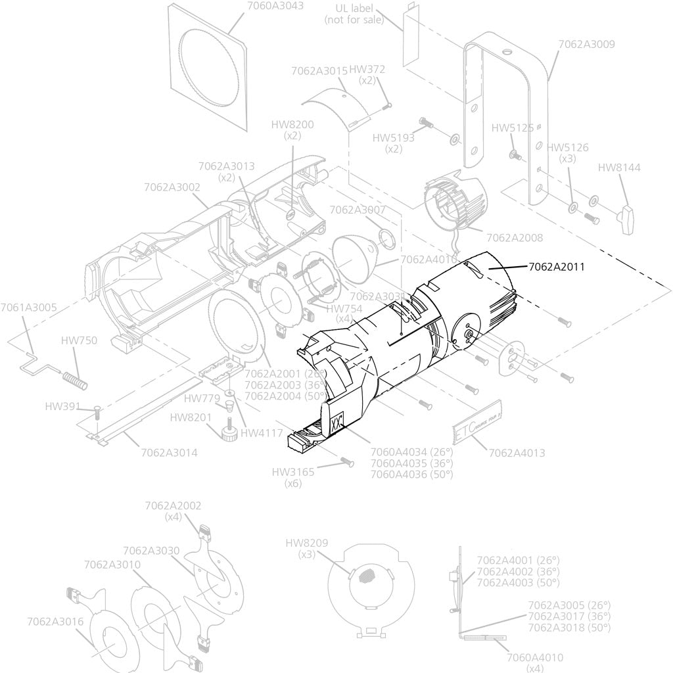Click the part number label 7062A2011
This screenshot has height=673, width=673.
[x=557, y=267]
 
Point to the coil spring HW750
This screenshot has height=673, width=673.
[x=74, y=379]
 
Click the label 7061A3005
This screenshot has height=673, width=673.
[x=28, y=307]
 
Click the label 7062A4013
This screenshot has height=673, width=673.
[x=516, y=453]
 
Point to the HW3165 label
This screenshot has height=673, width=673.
[x=293, y=472]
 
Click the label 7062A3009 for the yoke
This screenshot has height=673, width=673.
[x=586, y=45]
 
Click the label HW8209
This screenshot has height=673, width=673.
[x=307, y=543]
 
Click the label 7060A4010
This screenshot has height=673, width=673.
[x=535, y=657]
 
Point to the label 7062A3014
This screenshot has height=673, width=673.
[x=168, y=452]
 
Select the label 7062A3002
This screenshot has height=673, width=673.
[x=172, y=187]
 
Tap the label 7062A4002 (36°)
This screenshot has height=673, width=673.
[x=517, y=572]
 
